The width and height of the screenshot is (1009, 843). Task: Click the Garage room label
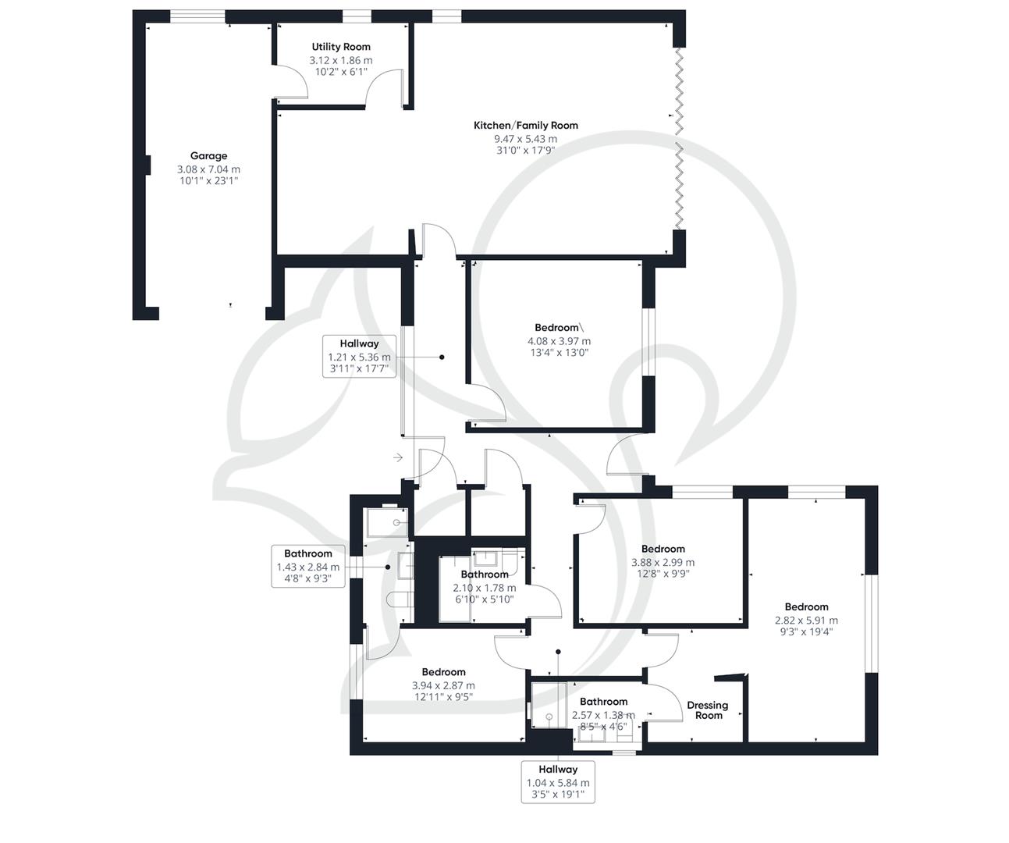[x=208, y=155]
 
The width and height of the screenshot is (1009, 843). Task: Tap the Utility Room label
[x=341, y=47]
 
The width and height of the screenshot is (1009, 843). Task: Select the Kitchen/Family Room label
[x=525, y=125]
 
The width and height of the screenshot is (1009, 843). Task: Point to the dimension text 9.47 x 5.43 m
[x=525, y=139]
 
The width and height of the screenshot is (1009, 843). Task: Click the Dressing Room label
[x=707, y=710]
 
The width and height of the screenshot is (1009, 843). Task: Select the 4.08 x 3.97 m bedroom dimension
[x=559, y=341]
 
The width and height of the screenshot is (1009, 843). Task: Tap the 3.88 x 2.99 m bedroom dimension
[x=663, y=562]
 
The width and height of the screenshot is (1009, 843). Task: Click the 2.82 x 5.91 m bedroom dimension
[x=806, y=621]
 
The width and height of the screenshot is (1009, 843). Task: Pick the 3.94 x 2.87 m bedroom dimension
[x=443, y=685]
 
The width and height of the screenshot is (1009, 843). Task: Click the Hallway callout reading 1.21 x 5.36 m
[x=359, y=356]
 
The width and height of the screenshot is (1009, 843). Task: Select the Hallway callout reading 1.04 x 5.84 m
[x=558, y=782]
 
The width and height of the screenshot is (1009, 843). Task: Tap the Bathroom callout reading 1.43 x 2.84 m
[x=307, y=567]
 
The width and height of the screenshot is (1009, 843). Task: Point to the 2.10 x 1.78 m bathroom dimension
[x=484, y=588]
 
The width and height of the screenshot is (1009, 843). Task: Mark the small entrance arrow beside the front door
[x=398, y=457]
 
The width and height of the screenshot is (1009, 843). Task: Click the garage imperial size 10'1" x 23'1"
[x=208, y=181]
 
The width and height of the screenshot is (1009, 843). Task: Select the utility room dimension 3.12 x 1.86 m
[x=341, y=60]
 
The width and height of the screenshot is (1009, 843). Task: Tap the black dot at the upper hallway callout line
[x=442, y=357]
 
